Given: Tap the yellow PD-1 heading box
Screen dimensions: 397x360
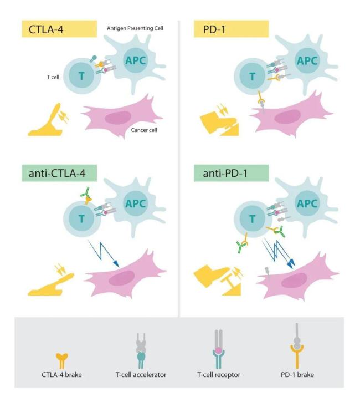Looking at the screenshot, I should coord(231,29).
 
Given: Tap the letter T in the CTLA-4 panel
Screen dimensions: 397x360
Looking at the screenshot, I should coord(81,77).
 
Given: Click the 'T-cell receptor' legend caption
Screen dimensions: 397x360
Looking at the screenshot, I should coord(221,375).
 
